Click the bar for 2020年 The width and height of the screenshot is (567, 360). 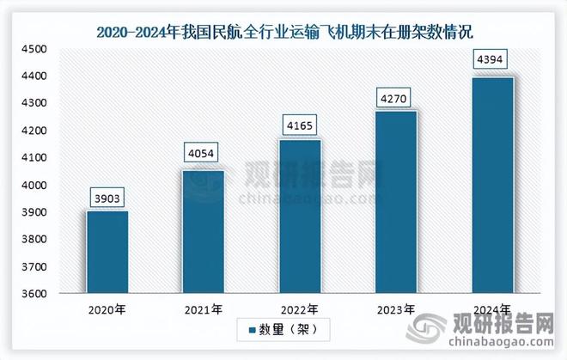(107, 253)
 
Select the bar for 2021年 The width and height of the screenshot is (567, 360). (204, 232)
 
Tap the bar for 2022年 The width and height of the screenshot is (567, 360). (300, 217)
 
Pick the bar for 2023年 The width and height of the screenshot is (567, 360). (395, 203)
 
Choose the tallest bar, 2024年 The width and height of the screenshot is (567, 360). (491, 186)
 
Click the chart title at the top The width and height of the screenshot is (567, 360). (284, 33)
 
